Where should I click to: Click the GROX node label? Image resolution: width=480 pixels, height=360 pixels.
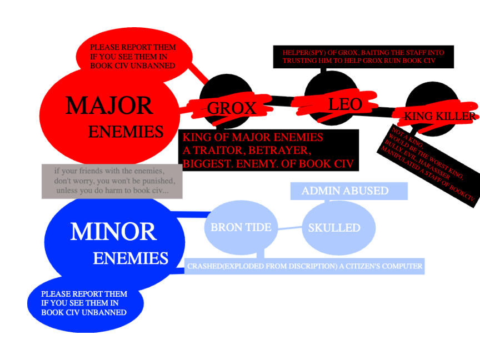(232, 108)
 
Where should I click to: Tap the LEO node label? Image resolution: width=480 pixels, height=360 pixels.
(345, 104)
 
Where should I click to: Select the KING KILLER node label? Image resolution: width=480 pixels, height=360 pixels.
(440, 116)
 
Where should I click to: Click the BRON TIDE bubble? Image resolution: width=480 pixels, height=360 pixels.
(241, 227)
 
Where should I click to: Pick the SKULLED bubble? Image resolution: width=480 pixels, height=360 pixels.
(334, 228)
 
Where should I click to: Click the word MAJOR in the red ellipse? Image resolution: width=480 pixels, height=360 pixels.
(109, 106)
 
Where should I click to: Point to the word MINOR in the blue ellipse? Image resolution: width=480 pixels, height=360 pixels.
(113, 232)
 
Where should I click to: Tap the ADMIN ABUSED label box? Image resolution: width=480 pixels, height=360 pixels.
(345, 191)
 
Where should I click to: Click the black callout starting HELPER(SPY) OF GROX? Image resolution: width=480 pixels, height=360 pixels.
(358, 57)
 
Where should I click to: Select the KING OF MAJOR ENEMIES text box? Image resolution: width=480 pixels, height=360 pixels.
(268, 151)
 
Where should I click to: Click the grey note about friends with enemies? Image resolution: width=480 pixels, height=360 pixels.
(112, 181)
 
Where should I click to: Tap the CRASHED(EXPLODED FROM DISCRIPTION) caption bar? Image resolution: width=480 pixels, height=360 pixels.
(304, 267)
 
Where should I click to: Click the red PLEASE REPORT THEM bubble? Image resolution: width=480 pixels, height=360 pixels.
(133, 57)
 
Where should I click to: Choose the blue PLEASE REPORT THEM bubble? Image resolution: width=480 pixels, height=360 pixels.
(84, 303)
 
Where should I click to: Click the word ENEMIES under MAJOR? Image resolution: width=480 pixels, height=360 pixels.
(126, 132)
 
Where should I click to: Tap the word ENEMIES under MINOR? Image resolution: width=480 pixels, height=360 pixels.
(131, 258)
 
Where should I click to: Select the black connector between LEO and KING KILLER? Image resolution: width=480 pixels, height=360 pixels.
(385, 110)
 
